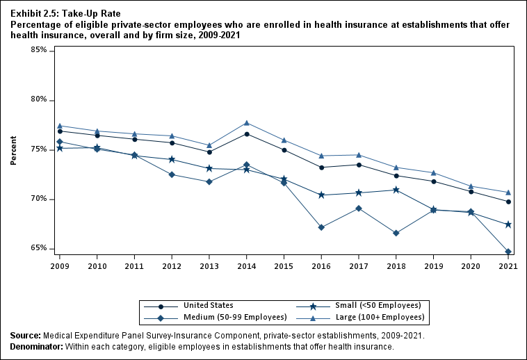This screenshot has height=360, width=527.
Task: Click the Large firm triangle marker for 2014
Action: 247,123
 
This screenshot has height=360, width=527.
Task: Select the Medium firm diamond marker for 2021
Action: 508,252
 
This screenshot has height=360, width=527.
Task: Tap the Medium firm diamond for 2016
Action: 321,227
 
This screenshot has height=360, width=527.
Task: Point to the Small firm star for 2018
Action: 396,190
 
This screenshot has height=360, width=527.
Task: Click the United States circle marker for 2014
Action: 247,134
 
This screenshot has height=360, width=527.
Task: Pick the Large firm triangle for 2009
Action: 60,126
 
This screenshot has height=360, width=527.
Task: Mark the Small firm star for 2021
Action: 508,224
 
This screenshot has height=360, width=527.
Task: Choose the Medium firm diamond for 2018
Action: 396,233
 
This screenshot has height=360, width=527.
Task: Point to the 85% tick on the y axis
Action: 38,50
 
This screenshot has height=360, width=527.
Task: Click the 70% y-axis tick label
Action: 38,199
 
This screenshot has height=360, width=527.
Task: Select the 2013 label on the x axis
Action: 209,266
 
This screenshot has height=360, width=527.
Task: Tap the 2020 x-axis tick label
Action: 471,266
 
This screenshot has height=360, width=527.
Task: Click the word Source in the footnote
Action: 25,336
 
